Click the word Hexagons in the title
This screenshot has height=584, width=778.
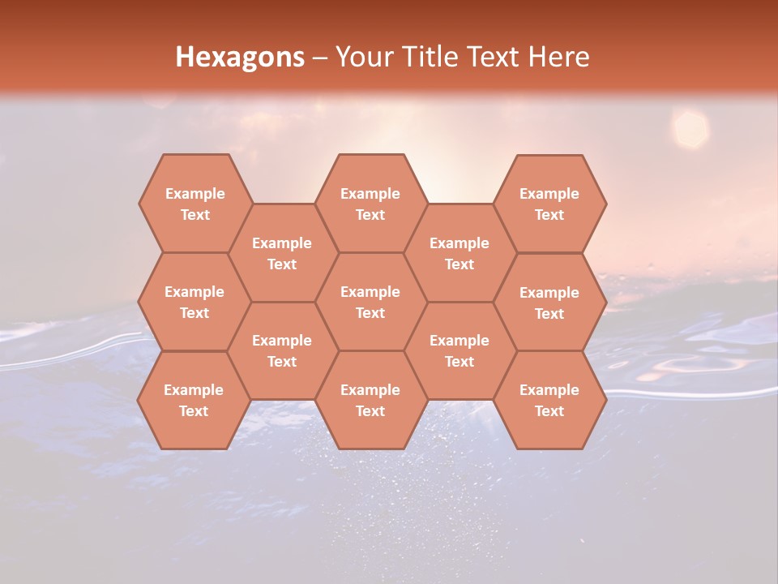[240, 57]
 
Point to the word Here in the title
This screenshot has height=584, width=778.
[559, 57]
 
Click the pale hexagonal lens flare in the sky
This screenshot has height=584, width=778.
[690, 129]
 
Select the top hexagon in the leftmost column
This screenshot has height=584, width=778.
[194, 204]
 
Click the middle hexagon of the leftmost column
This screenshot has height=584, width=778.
[194, 302]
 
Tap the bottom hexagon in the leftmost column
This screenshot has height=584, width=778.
[194, 400]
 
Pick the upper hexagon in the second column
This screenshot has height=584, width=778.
[282, 253]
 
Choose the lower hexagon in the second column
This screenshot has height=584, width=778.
[282, 350]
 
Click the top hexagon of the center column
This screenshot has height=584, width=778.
[370, 204]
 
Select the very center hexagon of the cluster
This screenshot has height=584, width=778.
[370, 302]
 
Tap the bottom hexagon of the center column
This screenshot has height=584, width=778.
[370, 400]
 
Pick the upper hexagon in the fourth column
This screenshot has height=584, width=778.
[460, 253]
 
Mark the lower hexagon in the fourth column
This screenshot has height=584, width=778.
[460, 350]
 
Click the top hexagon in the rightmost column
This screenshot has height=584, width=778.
[549, 204]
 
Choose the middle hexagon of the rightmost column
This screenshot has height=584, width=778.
[549, 303]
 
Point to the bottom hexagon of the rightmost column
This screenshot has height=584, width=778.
[549, 400]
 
